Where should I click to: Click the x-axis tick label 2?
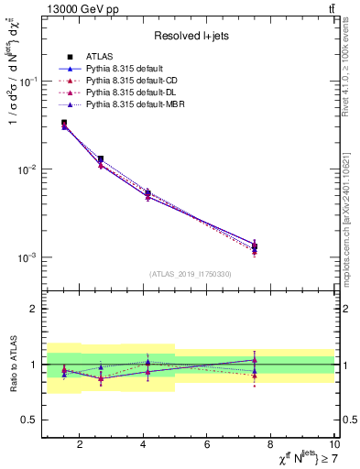[x=80, y=445]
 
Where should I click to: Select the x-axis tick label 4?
[x=144, y=445]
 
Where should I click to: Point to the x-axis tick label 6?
[x=208, y=445]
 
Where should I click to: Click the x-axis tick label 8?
[x=272, y=445]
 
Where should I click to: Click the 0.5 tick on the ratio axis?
[x=29, y=420]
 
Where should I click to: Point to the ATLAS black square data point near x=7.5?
[x=255, y=245]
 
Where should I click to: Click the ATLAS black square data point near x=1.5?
[x=64, y=123]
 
